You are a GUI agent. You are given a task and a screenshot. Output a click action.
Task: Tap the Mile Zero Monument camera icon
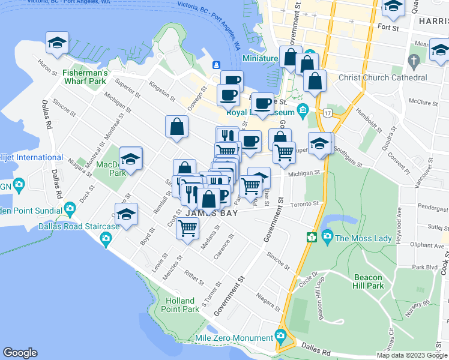click(x=280, y=335)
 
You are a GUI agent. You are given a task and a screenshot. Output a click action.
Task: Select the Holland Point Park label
click(x=180, y=305)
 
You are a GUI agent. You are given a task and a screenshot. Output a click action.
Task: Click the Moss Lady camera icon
click(x=327, y=237)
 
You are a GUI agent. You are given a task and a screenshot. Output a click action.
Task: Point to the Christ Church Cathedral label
click(x=383, y=77)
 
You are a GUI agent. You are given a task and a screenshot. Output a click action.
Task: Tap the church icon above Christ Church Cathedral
click(x=414, y=61)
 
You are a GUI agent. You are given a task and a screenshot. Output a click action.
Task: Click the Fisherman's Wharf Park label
click(x=85, y=77)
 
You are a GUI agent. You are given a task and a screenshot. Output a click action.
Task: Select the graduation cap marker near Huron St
click(x=58, y=43)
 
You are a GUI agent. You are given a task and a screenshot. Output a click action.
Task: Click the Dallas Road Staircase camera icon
click(x=106, y=239)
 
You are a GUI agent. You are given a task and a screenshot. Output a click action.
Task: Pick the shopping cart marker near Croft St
click(x=188, y=227)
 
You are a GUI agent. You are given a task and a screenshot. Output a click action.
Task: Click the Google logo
click(x=20, y=353)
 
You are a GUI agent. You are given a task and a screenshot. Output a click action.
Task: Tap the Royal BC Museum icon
click(x=303, y=110)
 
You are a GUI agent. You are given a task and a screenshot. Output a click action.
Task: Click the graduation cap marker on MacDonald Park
click(x=130, y=159)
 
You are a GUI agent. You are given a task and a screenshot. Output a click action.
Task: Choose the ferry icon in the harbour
click(x=215, y=65)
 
